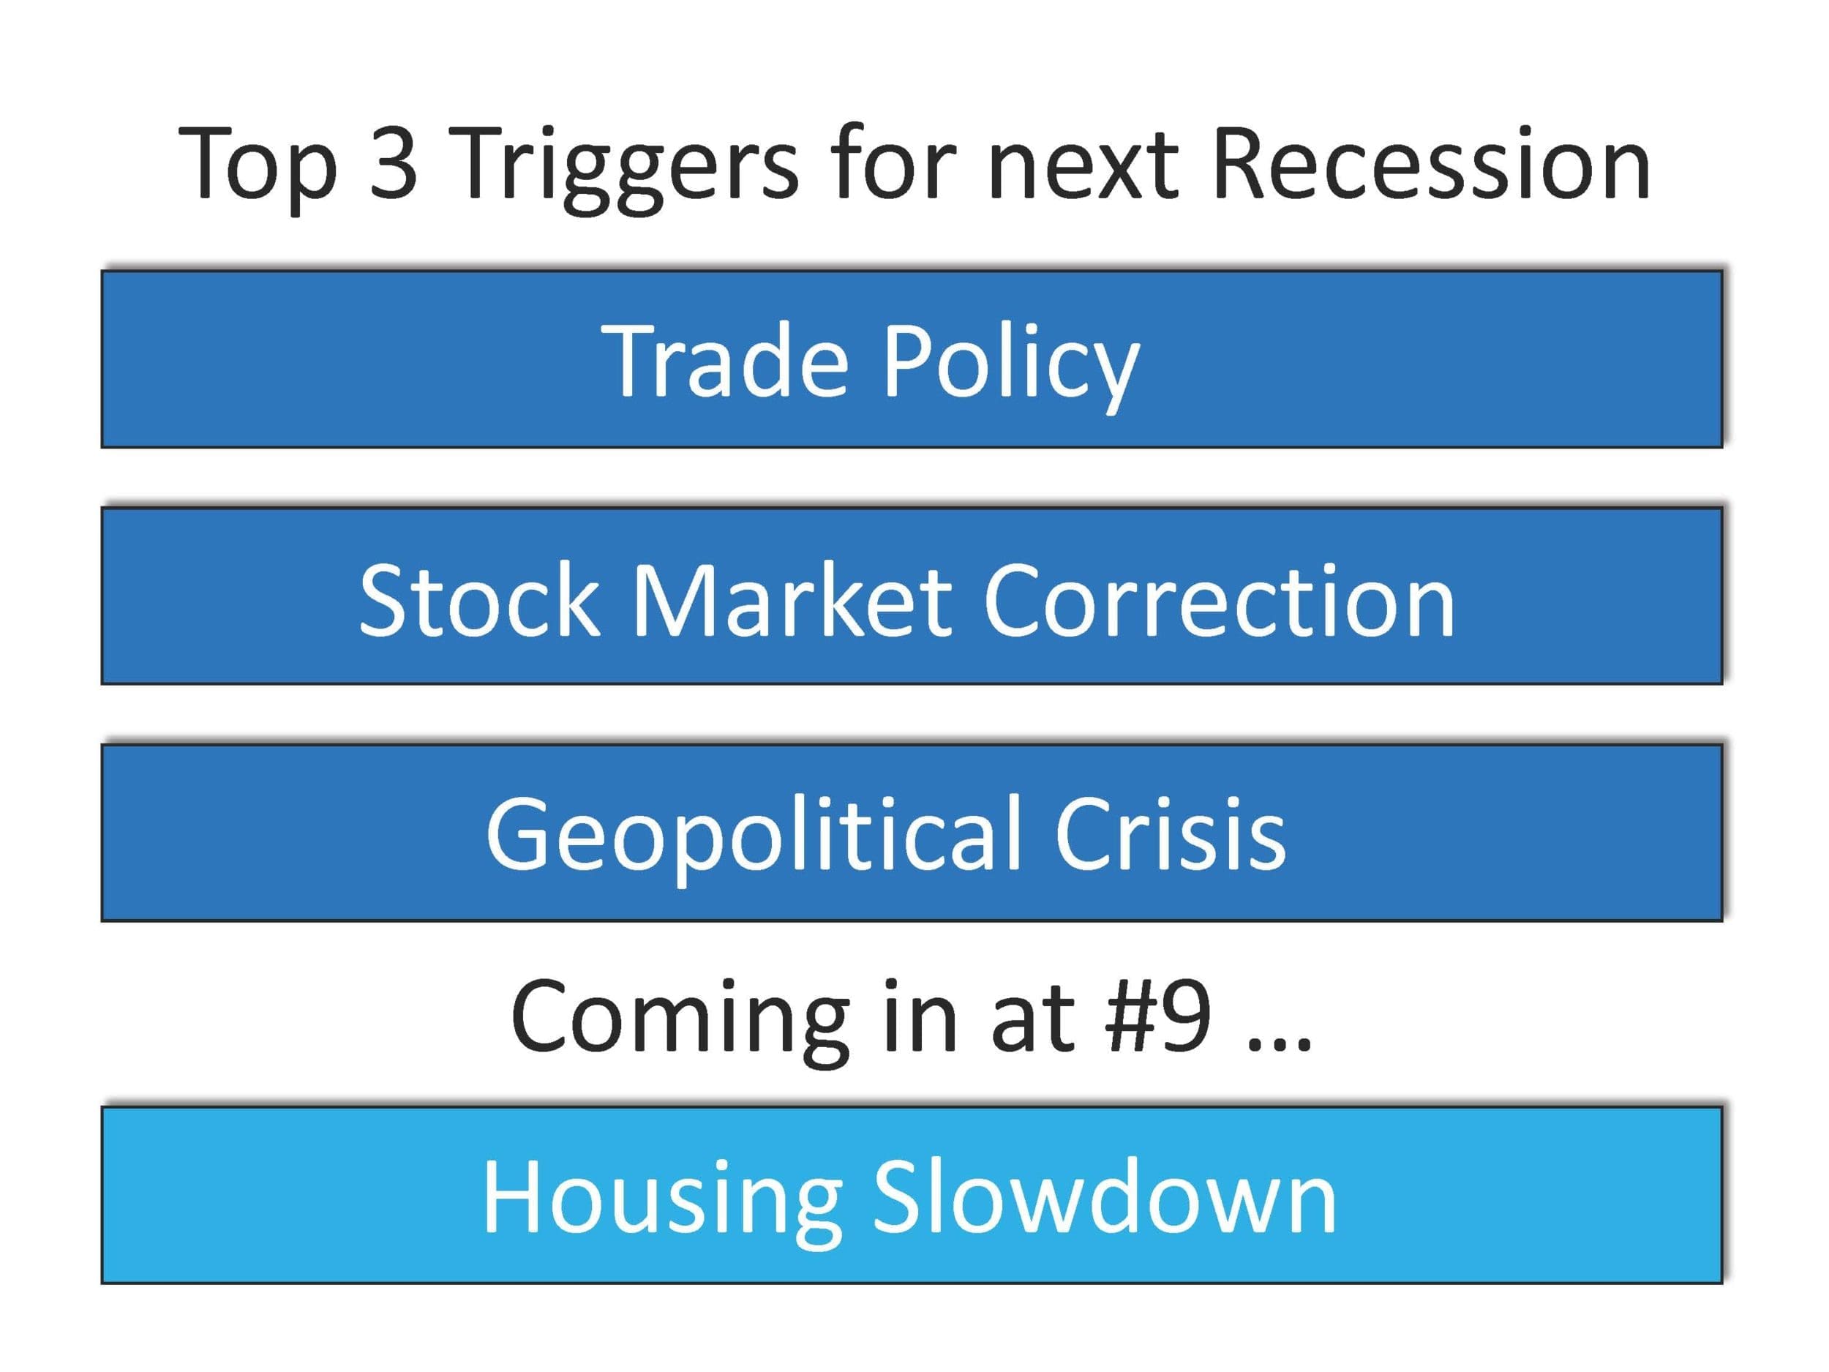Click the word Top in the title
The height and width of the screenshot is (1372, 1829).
point(259,166)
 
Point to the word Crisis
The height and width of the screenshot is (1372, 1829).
point(1171,833)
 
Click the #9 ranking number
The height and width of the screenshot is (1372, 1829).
point(1158,1016)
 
